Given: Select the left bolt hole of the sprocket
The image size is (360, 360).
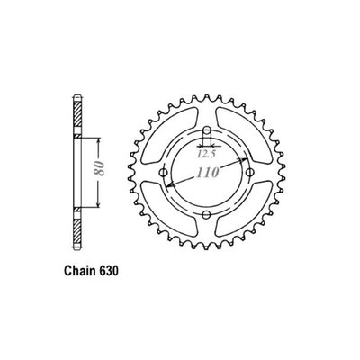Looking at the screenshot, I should coord(163,171).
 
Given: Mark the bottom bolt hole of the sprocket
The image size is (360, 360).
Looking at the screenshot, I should coord(207,214).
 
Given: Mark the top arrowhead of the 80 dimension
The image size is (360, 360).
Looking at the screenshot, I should coord(93,142).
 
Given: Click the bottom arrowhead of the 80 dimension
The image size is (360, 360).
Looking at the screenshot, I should coord(93,200).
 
